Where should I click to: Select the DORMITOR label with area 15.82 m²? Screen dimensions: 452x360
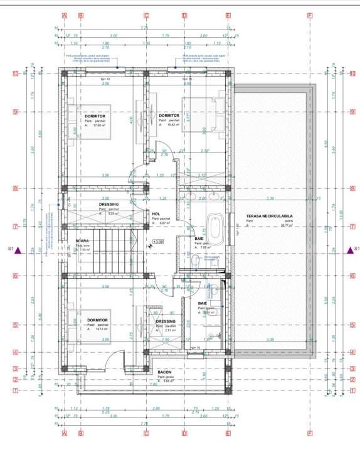[169, 116]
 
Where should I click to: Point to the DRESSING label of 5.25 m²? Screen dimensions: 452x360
[109, 204]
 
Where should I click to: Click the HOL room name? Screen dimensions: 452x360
[156, 213]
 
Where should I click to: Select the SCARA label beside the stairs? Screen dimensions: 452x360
[82, 240]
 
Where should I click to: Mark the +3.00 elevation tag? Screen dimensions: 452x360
[158, 241]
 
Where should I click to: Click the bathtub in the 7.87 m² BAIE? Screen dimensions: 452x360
[214, 229]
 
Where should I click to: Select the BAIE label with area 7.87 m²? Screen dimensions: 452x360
[199, 239]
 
